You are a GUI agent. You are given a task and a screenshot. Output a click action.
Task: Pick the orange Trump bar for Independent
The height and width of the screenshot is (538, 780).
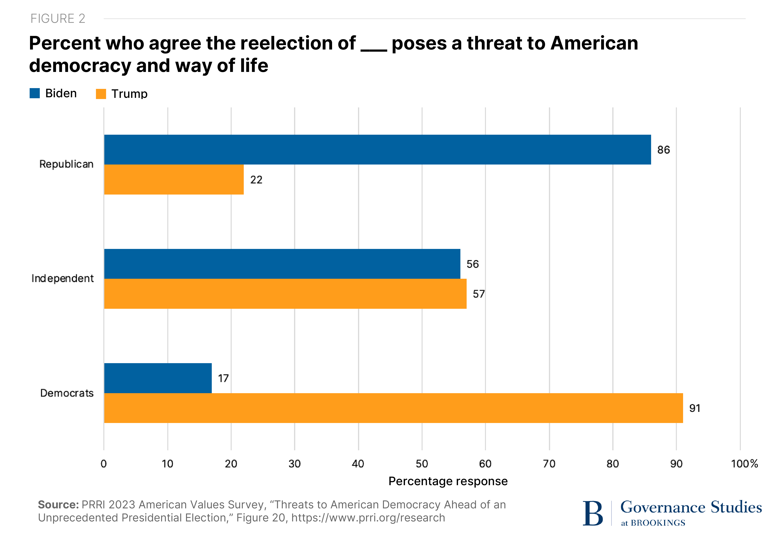(285, 294)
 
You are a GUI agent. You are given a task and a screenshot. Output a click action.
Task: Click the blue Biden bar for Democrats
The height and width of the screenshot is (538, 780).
(158, 378)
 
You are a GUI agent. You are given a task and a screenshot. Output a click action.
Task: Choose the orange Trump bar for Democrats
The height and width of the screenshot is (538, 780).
(393, 408)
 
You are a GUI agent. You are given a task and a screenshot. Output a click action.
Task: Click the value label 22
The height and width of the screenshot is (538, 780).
(256, 180)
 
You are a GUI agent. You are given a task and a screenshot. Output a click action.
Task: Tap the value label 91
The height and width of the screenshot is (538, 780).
(695, 408)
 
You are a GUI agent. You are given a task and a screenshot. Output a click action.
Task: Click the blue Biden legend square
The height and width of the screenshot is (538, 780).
(35, 93)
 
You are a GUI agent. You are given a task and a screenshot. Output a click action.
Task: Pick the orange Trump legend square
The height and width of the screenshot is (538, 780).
(101, 94)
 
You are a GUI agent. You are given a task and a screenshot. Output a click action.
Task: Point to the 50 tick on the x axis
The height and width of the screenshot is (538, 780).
(422, 464)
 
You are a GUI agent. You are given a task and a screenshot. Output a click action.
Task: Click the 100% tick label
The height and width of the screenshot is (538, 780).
(744, 464)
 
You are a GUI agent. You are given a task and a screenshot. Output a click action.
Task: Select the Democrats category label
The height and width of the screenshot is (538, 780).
(67, 393)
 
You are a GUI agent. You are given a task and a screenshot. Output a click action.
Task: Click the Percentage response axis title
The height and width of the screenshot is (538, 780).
(448, 481)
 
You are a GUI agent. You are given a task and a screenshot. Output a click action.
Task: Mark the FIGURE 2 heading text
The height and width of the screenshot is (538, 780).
(58, 19)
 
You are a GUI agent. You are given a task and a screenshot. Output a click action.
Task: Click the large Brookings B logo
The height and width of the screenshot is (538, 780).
(592, 513)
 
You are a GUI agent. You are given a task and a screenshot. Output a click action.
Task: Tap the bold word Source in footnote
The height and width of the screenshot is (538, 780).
(58, 505)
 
